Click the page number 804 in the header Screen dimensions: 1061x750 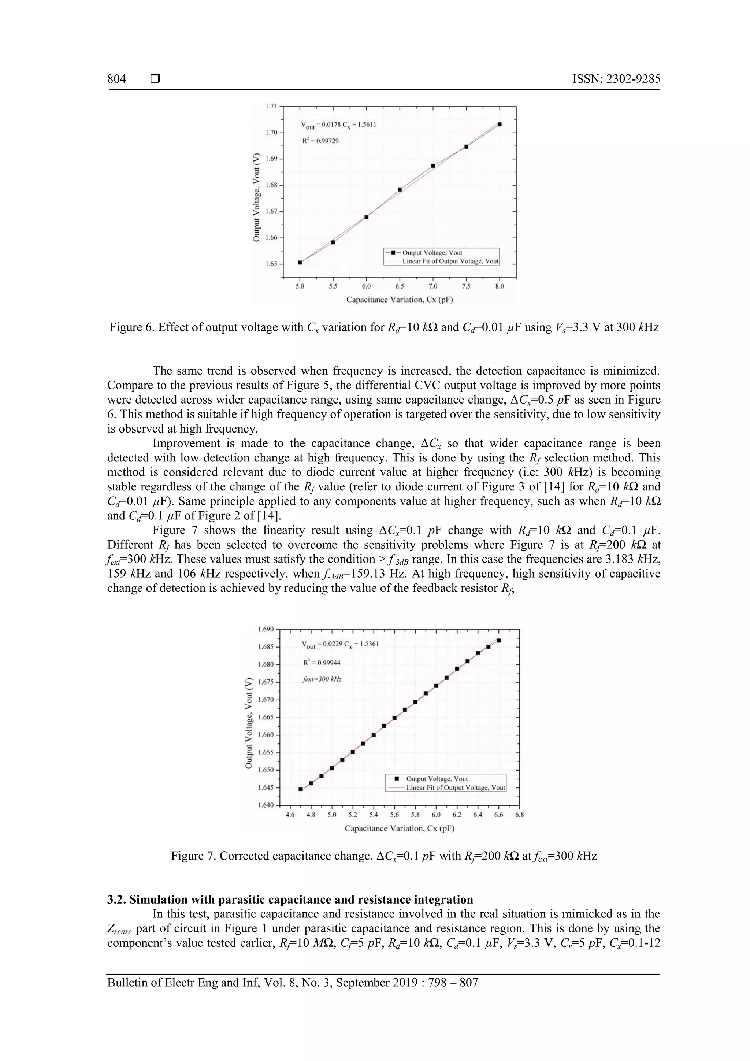[x=116, y=79]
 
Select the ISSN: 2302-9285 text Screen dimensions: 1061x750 [x=616, y=79]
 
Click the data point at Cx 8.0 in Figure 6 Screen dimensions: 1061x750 [x=500, y=124]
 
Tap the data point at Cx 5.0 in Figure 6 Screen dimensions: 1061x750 [x=300, y=263]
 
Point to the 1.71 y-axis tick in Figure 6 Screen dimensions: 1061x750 [x=271, y=106]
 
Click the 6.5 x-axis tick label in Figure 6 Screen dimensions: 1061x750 [x=400, y=286]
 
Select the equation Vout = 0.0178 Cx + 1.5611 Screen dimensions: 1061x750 [x=339, y=125]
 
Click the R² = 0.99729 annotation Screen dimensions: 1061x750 [x=321, y=141]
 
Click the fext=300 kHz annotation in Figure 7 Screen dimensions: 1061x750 [x=322, y=679]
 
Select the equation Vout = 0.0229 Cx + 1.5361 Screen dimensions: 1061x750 [x=340, y=644]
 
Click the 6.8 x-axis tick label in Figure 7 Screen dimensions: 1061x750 [x=519, y=815]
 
